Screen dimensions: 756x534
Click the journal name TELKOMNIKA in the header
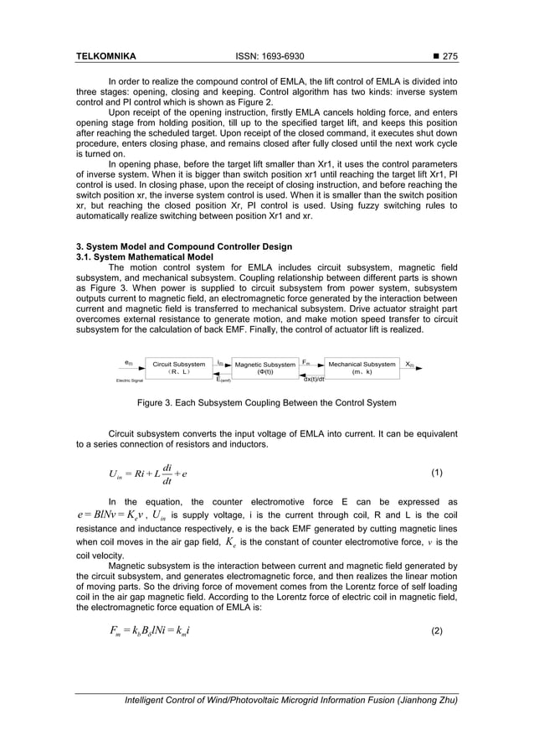pos(106,58)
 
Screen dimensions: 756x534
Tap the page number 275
pos(450,58)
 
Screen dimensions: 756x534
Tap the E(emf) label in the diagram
pos(223,379)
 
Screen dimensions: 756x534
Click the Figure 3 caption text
pos(267,403)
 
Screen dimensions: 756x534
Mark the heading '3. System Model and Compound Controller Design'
pos(184,246)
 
